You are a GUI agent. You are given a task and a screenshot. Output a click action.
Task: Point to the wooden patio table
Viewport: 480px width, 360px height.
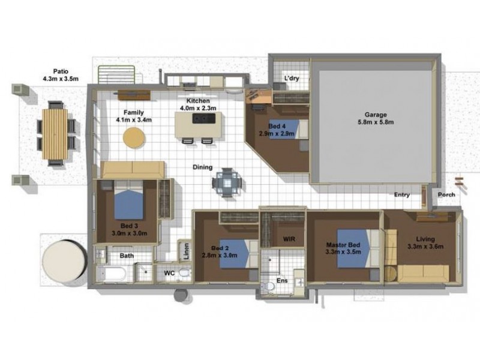(x=56, y=133)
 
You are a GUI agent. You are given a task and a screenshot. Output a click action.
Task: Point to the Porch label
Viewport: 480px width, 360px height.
(x=445, y=194)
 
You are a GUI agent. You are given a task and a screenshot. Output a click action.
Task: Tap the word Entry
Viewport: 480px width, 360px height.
(x=402, y=194)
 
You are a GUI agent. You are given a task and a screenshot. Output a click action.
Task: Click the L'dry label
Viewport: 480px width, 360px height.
(x=292, y=79)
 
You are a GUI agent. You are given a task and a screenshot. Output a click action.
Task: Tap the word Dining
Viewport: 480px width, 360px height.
(x=202, y=167)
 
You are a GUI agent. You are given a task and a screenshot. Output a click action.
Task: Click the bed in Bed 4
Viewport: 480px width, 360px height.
(x=288, y=128)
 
